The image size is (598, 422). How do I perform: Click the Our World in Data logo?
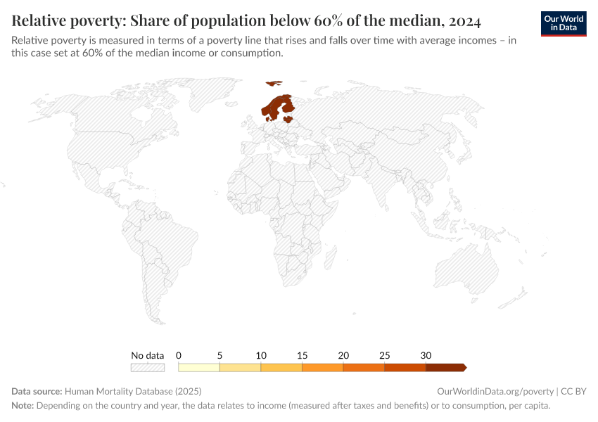(x=564, y=23)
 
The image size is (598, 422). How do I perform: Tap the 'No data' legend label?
(x=147, y=355)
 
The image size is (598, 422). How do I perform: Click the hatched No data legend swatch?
(x=147, y=367)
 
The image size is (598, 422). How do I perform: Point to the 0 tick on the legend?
(x=179, y=355)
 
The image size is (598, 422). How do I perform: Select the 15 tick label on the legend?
(x=302, y=355)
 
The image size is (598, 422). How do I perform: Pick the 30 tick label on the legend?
(x=426, y=355)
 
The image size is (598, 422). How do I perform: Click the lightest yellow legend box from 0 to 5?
(x=199, y=367)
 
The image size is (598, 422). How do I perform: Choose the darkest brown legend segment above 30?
(x=445, y=367)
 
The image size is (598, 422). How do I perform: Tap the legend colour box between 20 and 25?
(x=364, y=367)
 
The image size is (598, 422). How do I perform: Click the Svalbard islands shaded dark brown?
(x=274, y=83)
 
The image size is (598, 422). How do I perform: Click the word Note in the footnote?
(x=23, y=406)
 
